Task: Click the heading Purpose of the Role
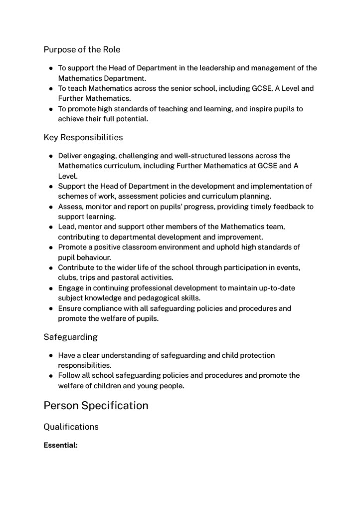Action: [x=82, y=49]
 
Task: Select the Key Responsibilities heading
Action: [x=83, y=137]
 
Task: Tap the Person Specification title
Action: [x=96, y=405]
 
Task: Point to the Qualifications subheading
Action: [x=71, y=427]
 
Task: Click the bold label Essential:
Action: [x=60, y=445]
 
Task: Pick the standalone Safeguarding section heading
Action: [x=70, y=337]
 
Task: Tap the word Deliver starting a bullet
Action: [x=70, y=156]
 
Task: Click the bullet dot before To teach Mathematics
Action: [x=51, y=89]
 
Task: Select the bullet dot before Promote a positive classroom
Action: [x=51, y=248]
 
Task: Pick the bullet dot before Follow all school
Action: [x=51, y=376]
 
